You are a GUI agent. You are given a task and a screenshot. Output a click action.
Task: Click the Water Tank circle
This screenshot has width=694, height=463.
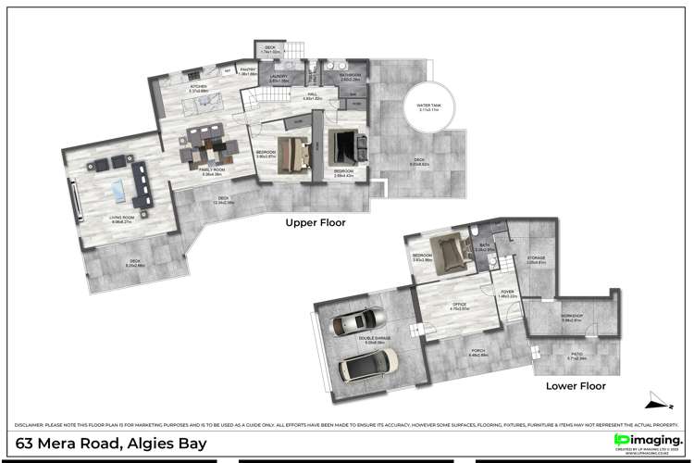coord(428,110)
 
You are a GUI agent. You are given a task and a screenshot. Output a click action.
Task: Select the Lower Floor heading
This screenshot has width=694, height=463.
coord(575,385)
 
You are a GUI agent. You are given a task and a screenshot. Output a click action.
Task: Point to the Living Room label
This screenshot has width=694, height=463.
coord(123,218)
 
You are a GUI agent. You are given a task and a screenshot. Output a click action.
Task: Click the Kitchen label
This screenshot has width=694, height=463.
coord(197,88)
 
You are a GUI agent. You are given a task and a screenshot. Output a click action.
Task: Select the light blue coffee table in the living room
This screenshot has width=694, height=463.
coord(118,188)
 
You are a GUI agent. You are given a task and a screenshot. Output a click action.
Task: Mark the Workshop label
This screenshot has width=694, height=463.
coord(571,317)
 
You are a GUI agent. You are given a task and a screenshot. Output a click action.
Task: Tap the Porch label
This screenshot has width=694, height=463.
coord(478,351)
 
